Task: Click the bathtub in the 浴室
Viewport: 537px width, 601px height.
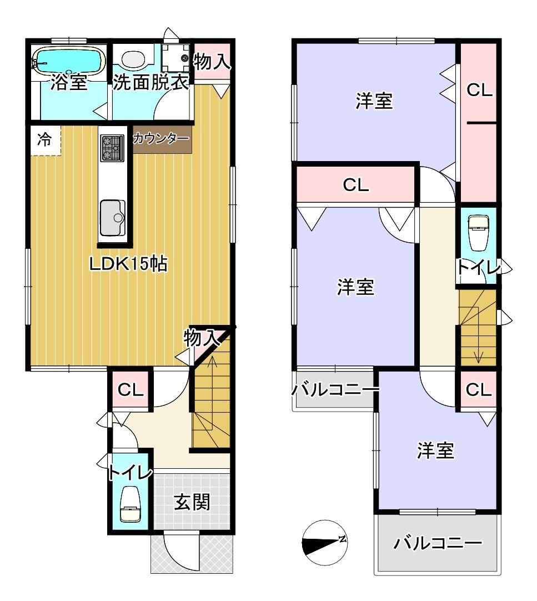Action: pos(69,60)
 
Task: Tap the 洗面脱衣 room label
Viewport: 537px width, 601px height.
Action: pos(150,82)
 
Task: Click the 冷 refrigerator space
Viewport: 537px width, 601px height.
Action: pos(45,141)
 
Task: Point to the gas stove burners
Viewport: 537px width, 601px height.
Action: pos(112,148)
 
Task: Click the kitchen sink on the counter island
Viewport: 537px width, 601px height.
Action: pos(112,218)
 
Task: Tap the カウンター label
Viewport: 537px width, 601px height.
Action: pos(161,138)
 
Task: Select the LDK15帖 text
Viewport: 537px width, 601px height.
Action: pos(128,264)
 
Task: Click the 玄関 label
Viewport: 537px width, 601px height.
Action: pos(192,502)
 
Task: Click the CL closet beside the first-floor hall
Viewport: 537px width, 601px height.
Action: pos(131,389)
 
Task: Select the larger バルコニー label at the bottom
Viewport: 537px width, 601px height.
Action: pos(438,543)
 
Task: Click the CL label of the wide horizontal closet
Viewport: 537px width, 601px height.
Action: pos(356,185)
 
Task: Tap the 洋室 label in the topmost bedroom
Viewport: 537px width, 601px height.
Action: pos(374,101)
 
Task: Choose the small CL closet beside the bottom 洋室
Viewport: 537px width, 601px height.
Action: pos(478,390)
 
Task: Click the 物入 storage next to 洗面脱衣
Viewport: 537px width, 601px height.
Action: pos(212,61)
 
